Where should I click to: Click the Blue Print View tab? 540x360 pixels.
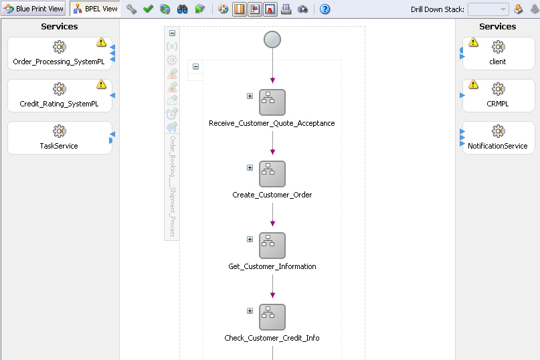pos(34,9)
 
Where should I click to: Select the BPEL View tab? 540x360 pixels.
pos(95,9)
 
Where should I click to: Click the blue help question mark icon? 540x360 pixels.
pos(325,9)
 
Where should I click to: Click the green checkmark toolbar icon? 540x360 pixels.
pos(148,9)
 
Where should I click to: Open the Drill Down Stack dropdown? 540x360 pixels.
pos(488,9)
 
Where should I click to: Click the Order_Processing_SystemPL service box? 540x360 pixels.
pos(59,53)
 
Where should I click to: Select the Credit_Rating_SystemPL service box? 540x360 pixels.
pos(59,96)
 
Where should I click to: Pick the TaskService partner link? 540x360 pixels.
pos(59,137)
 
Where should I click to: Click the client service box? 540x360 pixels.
pos(498,53)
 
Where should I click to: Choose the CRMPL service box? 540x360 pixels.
pos(498,96)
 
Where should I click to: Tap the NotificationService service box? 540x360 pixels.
pos(498,137)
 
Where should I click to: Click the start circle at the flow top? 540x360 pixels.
pos(272,39)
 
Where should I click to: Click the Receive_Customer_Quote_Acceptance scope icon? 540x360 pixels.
pos(272,102)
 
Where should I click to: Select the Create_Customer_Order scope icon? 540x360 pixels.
pos(272,174)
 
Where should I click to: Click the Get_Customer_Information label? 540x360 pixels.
pos(272,266)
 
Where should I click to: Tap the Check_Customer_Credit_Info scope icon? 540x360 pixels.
pos(272,317)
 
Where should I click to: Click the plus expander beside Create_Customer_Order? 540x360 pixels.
pos(250,168)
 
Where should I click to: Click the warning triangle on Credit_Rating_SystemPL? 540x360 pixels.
pos(101,84)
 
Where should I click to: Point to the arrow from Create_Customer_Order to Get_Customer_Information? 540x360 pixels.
pos(272,213)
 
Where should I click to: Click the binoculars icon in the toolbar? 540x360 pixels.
pos(182,9)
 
